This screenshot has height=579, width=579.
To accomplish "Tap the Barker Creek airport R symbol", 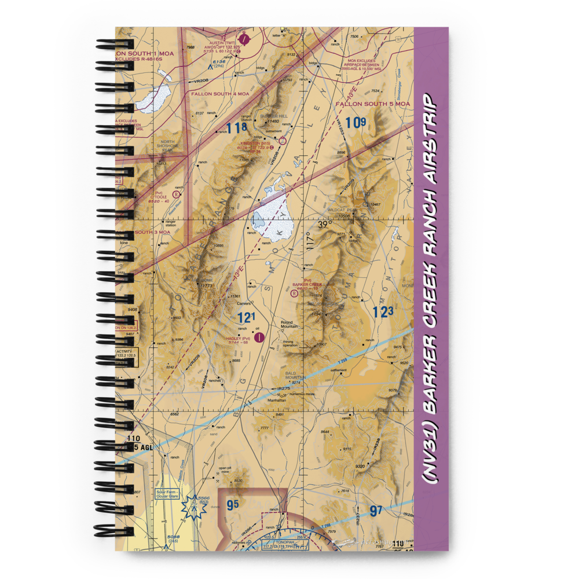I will pos(295,293).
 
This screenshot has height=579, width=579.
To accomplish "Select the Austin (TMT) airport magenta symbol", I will pos(245,39).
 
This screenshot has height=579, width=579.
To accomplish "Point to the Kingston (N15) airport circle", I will pos(282,141).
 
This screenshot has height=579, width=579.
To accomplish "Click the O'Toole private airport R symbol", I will pos(176,187).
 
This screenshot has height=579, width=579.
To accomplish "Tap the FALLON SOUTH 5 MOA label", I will pos(372,104).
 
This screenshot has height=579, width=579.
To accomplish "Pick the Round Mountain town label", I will pos(289,324).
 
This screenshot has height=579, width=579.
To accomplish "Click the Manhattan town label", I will pos(276,400).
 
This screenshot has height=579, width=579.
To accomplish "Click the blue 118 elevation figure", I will pos(237,128).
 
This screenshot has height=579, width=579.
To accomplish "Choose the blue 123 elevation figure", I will pos(383,313).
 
